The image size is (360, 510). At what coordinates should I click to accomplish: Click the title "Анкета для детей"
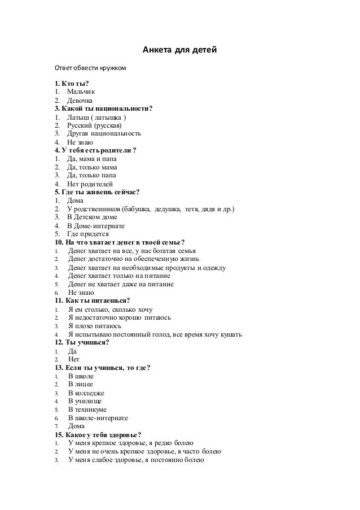[x=179, y=52]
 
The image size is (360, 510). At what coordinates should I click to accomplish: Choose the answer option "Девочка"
[x=82, y=100]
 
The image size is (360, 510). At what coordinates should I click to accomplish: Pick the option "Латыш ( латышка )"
[x=96, y=117]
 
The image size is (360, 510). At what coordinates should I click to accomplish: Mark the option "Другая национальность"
[x=104, y=134]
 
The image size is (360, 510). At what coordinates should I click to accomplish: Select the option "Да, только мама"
[x=92, y=167]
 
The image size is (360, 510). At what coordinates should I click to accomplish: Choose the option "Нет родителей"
[x=90, y=184]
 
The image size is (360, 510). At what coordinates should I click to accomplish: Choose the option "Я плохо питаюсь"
[x=94, y=326]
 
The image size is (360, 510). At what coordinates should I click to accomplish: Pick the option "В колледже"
[x=86, y=393]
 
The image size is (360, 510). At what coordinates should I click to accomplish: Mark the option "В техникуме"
[x=87, y=409]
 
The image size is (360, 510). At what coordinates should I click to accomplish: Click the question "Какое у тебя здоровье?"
[x=99, y=435]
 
